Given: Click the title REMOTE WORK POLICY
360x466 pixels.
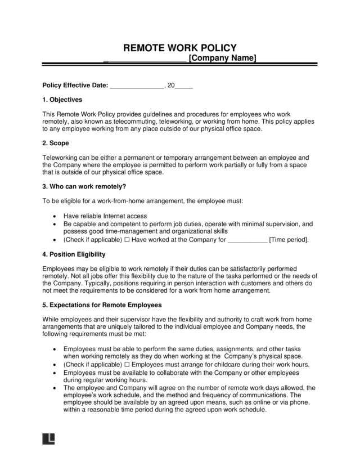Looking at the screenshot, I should (179, 48).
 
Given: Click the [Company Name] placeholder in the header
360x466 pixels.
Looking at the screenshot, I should (222, 59).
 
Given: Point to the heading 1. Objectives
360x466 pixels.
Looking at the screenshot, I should (62, 100).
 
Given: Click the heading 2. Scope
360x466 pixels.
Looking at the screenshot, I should (56, 144).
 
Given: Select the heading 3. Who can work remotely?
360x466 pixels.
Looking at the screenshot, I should (84, 187).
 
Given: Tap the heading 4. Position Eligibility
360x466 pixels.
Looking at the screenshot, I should (74, 254).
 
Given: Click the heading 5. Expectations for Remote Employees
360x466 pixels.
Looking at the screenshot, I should (102, 305).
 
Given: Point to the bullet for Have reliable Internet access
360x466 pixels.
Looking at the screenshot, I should (53, 216).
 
